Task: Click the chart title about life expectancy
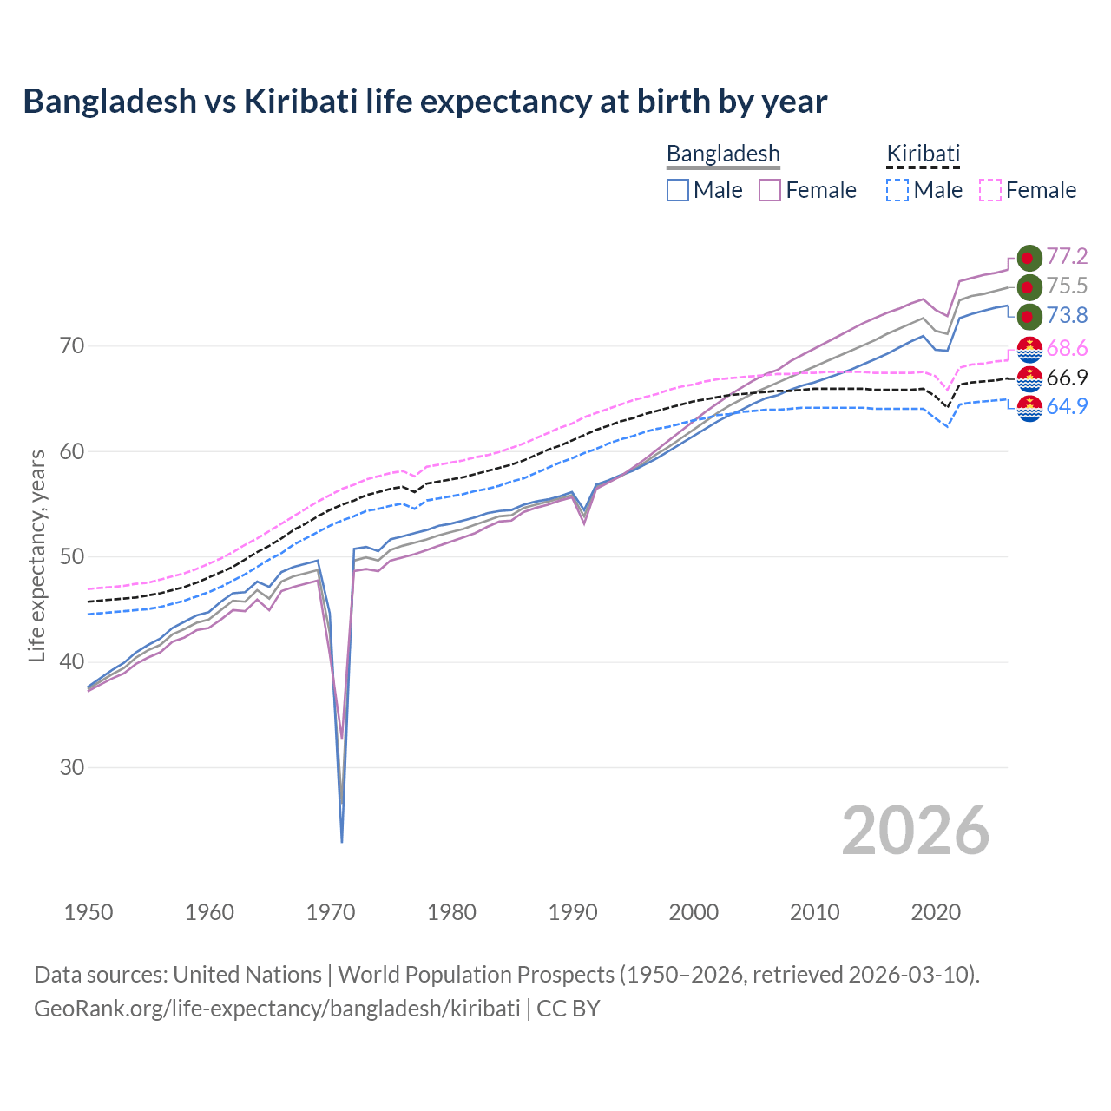pos(425,102)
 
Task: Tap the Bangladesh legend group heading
pos(723,154)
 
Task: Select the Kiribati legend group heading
pos(923,154)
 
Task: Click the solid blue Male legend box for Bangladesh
pos(678,190)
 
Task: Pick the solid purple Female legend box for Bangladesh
pos(770,190)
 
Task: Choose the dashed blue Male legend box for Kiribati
pos(897,190)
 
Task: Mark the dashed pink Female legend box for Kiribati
pos(990,190)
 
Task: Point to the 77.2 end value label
pos(1067,256)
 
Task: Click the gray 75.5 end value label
pos(1067,286)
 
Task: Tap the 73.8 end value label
pos(1067,315)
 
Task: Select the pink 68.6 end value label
pos(1067,348)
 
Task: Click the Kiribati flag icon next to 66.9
pos(1029,378)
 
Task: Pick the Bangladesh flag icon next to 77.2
pos(1029,258)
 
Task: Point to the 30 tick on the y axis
pos(72,767)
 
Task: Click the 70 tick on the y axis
pos(72,345)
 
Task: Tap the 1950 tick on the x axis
pos(89,912)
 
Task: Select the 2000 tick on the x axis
pos(694,912)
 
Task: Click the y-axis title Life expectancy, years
pos(36,555)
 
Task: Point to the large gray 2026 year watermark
pos(916,831)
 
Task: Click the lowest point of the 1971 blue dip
pos(342,841)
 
